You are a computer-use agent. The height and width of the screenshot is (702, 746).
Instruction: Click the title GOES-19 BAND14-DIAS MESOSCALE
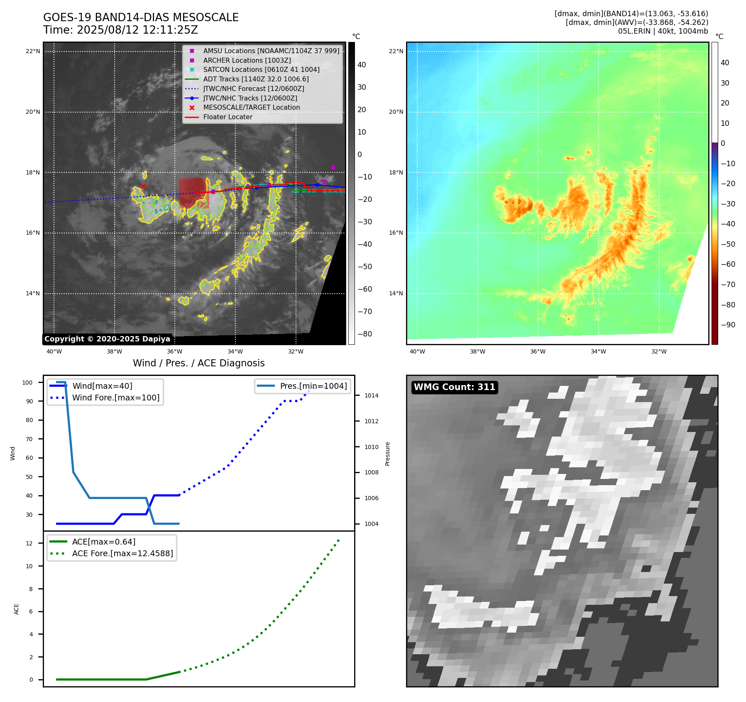(141, 17)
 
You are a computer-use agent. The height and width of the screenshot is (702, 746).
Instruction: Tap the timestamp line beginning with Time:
(120, 30)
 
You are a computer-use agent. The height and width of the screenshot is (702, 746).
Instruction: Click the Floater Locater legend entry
(227, 117)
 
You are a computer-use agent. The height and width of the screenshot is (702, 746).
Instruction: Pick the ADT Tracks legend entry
(256, 79)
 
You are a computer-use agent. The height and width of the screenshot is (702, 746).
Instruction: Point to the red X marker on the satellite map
(143, 186)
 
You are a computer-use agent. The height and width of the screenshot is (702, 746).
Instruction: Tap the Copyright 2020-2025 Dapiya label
(107, 339)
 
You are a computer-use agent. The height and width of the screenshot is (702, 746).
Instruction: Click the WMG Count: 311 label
(455, 387)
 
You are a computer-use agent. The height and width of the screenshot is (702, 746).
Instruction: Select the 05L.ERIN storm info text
(663, 31)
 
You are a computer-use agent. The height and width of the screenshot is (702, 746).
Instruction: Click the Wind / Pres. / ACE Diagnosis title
(198, 363)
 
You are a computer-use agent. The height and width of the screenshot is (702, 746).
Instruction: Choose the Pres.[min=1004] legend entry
(313, 386)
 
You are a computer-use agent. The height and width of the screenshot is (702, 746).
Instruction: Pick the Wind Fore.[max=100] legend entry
(115, 398)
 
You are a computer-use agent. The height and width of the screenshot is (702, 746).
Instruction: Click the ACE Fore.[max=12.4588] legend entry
(122, 553)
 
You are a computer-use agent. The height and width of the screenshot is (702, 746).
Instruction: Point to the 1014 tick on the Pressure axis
(371, 395)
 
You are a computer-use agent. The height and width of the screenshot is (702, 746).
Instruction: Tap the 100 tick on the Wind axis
(27, 383)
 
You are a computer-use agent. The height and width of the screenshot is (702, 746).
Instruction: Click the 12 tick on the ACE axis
(29, 543)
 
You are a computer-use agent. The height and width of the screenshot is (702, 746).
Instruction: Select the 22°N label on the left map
(33, 52)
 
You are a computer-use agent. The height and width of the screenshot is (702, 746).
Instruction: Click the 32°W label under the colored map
(659, 351)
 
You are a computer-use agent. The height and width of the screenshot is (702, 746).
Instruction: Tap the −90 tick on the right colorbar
(728, 325)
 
